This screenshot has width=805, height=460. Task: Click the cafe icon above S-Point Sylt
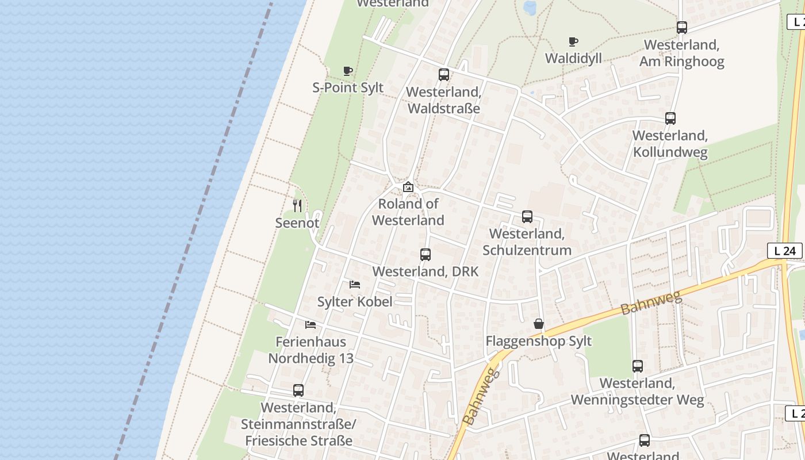click(x=348, y=71)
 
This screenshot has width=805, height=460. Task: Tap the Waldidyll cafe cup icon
click(x=573, y=41)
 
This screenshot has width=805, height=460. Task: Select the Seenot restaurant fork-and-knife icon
click(x=297, y=205)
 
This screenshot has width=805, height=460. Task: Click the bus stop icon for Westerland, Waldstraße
click(x=443, y=74)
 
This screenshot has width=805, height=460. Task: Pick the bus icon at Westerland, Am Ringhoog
click(x=681, y=27)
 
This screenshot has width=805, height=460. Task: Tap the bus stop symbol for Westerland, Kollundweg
click(x=670, y=118)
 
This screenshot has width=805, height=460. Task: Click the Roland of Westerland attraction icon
click(x=408, y=187)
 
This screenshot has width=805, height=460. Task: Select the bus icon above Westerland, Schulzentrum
click(x=527, y=217)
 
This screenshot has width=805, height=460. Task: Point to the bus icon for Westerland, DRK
click(x=425, y=254)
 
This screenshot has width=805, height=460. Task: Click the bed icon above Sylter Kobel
click(x=354, y=285)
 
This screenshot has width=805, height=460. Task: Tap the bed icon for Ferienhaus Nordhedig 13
click(x=310, y=324)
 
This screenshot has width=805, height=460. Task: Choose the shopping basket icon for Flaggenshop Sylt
click(x=538, y=324)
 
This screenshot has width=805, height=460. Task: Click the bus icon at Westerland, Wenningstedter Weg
click(x=637, y=366)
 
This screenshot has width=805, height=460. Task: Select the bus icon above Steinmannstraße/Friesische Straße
click(x=298, y=390)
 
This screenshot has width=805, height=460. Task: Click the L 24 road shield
click(x=784, y=251)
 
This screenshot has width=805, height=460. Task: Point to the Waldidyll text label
click(x=573, y=58)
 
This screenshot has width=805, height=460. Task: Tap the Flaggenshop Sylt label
click(x=538, y=341)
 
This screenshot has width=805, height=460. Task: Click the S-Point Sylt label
click(x=347, y=88)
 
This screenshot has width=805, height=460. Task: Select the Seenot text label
click(x=297, y=223)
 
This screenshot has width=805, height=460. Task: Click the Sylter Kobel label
click(x=354, y=302)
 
